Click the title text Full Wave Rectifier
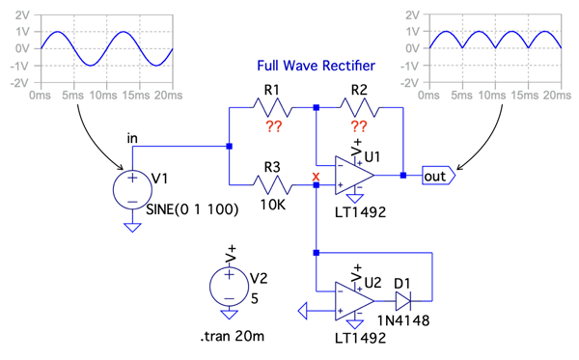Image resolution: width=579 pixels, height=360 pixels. (x=316, y=66)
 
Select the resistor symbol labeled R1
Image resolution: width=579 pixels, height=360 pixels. (x=272, y=107)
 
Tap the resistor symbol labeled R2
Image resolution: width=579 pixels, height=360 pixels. (x=359, y=107)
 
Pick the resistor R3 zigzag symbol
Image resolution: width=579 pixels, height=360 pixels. (x=272, y=184)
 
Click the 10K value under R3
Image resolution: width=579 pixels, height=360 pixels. (x=272, y=205)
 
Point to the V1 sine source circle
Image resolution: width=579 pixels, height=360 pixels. (x=132, y=190)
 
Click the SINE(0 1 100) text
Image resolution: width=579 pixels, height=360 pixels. (x=192, y=209)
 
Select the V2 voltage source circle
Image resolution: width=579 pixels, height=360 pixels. (x=229, y=287)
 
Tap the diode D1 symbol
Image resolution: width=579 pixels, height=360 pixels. (x=402, y=301)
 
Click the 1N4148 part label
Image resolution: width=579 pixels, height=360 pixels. (x=403, y=320)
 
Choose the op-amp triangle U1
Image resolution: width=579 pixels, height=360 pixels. (x=354, y=175)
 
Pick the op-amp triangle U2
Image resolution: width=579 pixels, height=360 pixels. (x=354, y=301)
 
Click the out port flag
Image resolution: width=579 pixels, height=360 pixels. (x=439, y=176)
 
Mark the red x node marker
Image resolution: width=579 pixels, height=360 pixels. (x=316, y=176)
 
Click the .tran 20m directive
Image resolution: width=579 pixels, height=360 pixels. (x=233, y=337)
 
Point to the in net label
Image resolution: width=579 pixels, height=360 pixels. (x=132, y=138)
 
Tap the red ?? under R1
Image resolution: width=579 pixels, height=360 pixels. (x=274, y=126)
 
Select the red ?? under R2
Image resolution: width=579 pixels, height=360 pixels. (x=359, y=126)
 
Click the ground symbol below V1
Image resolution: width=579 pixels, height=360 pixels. (x=132, y=227)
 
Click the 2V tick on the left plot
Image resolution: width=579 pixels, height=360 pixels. (x=22, y=15)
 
